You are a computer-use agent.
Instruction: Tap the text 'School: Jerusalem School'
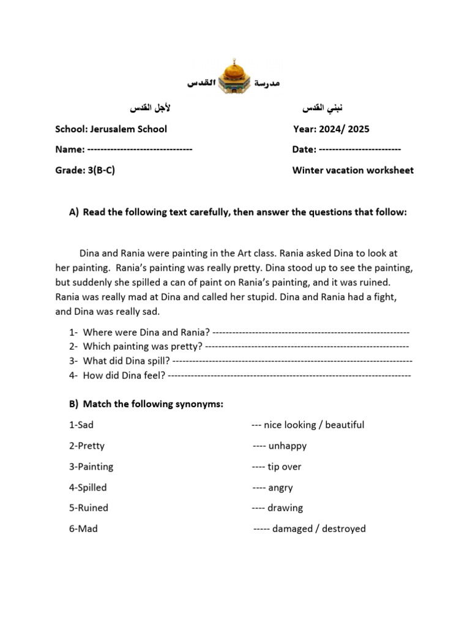(x=111, y=129)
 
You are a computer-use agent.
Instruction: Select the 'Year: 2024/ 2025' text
(x=331, y=129)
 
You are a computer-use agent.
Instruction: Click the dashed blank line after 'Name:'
(x=140, y=149)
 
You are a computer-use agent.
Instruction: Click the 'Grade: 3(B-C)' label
(x=85, y=170)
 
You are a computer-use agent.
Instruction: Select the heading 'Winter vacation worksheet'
(x=353, y=170)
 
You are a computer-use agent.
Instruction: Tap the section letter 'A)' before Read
(x=74, y=212)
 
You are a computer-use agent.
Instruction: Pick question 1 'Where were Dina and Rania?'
(x=146, y=332)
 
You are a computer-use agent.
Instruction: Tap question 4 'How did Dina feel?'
(x=124, y=375)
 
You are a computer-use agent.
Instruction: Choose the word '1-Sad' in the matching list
(x=81, y=425)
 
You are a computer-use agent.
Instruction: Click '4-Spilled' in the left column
(x=88, y=487)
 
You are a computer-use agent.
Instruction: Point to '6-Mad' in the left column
(x=83, y=528)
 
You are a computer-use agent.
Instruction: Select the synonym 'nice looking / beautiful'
(x=314, y=425)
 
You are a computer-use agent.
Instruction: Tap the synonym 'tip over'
(x=285, y=467)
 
